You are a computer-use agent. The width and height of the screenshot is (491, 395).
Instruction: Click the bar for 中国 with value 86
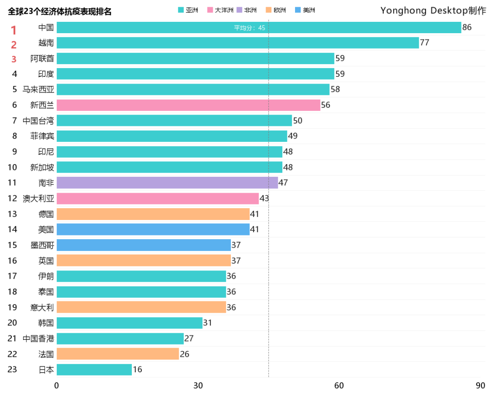coord(259,27)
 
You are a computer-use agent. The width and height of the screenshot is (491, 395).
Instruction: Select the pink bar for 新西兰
coord(188,105)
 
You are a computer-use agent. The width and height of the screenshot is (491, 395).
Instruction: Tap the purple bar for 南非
coord(167,183)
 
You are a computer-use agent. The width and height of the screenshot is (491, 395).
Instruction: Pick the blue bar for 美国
coord(153,230)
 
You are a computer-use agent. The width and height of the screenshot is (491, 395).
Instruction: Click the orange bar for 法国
coord(118,354)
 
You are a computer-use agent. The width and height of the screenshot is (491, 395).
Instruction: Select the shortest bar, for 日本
coord(94,370)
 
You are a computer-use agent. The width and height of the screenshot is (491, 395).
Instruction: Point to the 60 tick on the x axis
coord(339,386)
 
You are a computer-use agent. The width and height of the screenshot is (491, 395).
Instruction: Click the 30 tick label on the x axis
coord(198,386)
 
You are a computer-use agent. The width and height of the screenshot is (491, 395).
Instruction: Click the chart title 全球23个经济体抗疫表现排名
coord(60,12)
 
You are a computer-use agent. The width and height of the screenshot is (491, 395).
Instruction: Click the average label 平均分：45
coord(250,28)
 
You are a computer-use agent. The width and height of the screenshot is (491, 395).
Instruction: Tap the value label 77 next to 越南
coord(425,43)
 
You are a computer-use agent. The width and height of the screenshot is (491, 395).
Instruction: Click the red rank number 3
coord(14,59)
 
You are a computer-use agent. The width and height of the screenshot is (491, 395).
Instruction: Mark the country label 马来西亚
coord(38,90)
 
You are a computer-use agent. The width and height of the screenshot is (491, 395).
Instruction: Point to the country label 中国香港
coord(38,339)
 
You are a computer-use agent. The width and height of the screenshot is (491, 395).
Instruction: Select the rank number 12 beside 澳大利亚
coord(12,198)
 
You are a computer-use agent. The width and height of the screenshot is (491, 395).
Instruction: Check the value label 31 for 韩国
coord(208,323)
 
